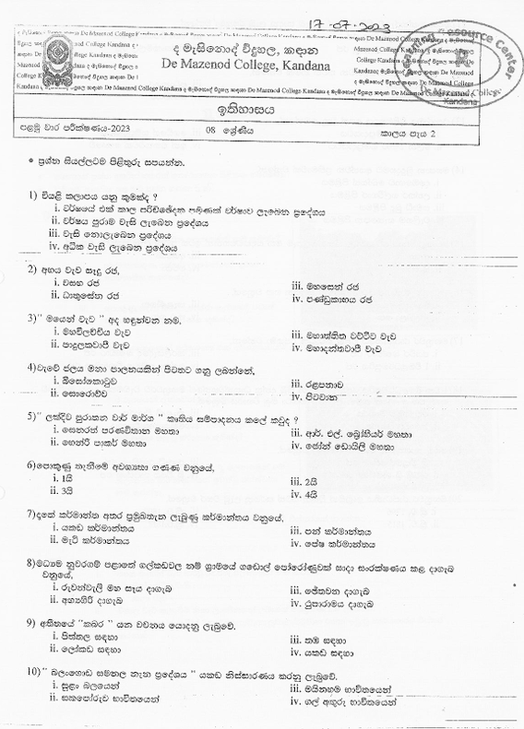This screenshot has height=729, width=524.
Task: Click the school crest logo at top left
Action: click(x=41, y=58)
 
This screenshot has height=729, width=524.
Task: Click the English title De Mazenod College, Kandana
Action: click(x=247, y=64)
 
